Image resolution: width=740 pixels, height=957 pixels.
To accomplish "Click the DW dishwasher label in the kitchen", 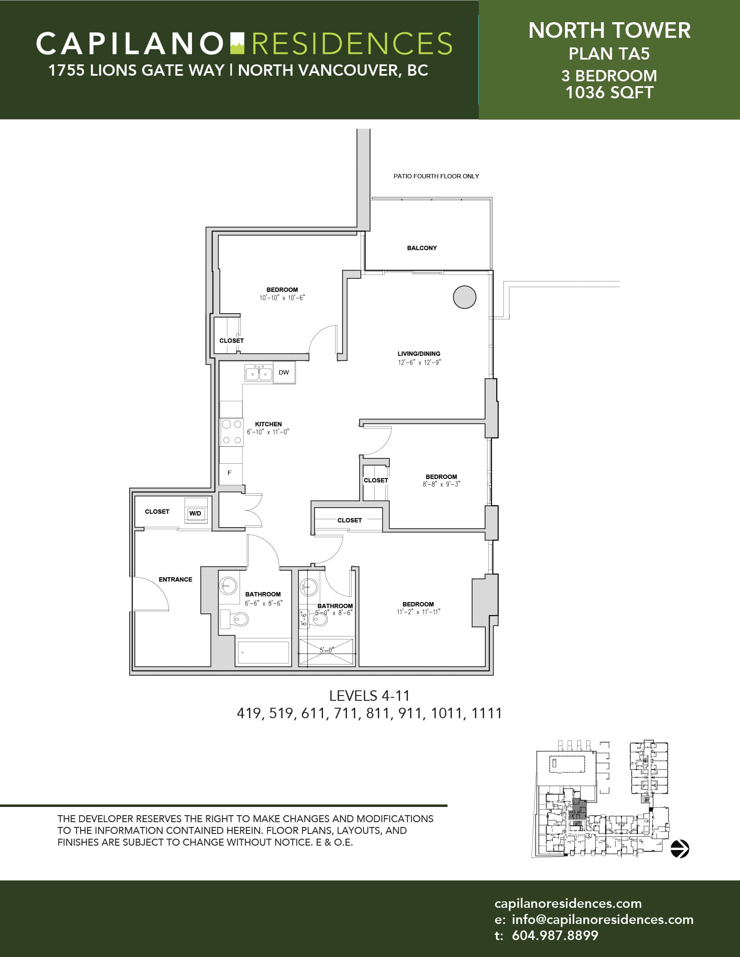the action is pyautogui.click(x=284, y=372).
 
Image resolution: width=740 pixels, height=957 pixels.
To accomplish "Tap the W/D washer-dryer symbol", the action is pyautogui.click(x=195, y=513).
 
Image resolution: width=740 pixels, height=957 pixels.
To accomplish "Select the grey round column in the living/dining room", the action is pyautogui.click(x=464, y=297).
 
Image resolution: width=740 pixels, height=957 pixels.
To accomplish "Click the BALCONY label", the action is pyautogui.click(x=422, y=248).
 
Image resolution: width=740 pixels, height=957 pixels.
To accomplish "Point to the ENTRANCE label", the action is pyautogui.click(x=175, y=579).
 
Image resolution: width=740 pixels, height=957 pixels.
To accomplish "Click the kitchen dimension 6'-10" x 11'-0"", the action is pyautogui.click(x=268, y=432).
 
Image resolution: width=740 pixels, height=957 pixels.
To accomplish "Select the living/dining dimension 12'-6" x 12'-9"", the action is pyautogui.click(x=420, y=362).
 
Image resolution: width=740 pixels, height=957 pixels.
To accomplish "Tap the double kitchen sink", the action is pyautogui.click(x=259, y=373).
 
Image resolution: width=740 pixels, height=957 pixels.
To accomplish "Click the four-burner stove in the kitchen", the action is pyautogui.click(x=232, y=432).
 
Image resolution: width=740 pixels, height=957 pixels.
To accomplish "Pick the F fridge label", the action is pyautogui.click(x=229, y=473).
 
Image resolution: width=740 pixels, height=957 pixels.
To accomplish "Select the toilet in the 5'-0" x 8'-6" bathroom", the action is pyautogui.click(x=319, y=619).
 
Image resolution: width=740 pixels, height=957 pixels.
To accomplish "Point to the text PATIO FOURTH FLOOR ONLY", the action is pyautogui.click(x=436, y=176).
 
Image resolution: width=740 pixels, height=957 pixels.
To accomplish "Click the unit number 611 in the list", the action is pyautogui.click(x=313, y=713).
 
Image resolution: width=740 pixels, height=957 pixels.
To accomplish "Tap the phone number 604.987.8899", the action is pyautogui.click(x=555, y=935).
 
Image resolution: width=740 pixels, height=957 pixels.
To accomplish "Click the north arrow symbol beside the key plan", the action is pyautogui.click(x=680, y=848).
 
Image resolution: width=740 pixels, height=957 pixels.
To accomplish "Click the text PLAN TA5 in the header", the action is pyautogui.click(x=609, y=54).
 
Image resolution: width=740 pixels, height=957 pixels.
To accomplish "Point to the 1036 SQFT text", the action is pyautogui.click(x=609, y=93).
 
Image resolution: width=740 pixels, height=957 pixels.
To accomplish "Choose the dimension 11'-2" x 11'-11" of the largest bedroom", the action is pyautogui.click(x=419, y=612).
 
